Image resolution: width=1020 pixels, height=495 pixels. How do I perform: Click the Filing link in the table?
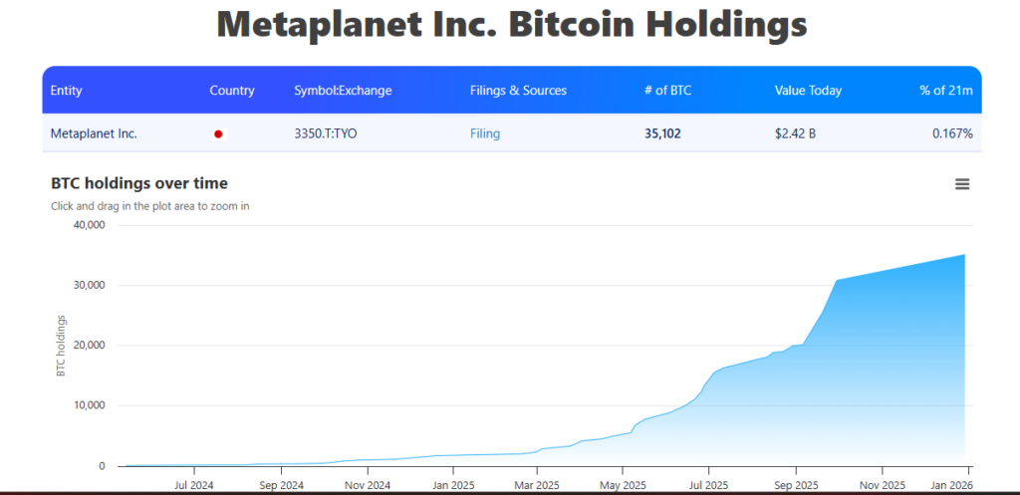[x=485, y=133]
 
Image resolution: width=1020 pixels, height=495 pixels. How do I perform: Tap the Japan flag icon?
[x=218, y=133]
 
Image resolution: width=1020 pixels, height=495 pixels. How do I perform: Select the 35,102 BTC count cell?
[x=662, y=133]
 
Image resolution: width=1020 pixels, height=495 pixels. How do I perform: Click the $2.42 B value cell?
[x=795, y=133]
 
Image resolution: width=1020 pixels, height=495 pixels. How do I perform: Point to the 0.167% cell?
[x=952, y=133]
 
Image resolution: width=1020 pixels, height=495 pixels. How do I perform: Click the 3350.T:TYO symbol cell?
[x=325, y=133]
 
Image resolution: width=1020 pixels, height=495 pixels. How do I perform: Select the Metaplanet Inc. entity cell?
[x=94, y=133]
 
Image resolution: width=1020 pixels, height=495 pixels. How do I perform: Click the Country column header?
[x=232, y=91]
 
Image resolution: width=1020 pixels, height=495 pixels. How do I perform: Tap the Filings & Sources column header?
[x=518, y=91]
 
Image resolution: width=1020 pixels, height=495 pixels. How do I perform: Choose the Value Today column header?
[x=808, y=91]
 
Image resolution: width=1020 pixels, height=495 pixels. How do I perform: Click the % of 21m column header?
[x=946, y=91]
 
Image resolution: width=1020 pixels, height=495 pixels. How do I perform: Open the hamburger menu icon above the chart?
[x=962, y=184]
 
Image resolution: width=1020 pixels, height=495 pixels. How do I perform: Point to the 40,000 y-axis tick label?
[x=89, y=225]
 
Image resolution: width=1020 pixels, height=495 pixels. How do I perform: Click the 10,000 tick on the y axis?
[x=89, y=405]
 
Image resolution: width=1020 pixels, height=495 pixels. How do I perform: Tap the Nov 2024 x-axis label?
[x=368, y=486]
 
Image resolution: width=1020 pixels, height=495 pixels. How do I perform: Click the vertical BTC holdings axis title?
[x=62, y=346]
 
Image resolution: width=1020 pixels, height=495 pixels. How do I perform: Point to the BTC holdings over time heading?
[x=138, y=183]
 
